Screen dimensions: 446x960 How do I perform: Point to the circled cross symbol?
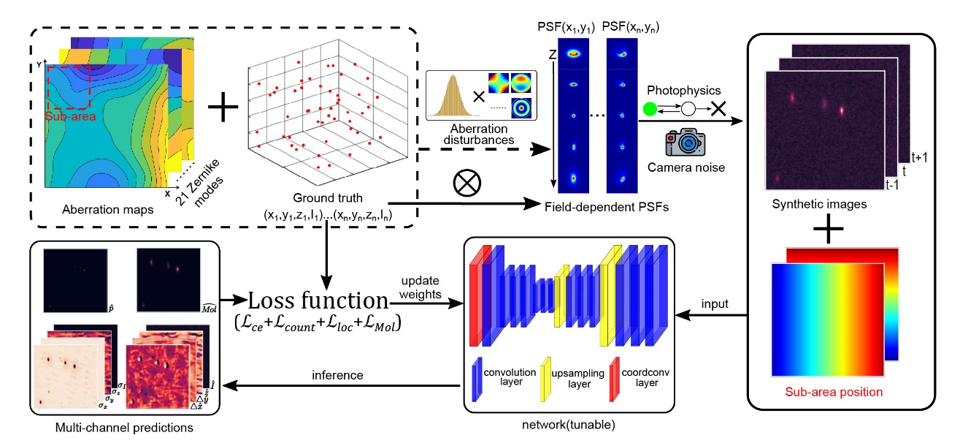pos(465,184)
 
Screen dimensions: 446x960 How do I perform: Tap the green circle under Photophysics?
pos(650,110)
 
